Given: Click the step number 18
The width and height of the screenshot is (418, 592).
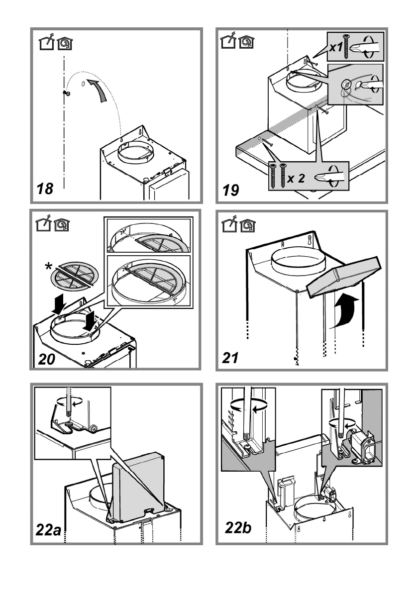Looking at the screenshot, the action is coord(45,189).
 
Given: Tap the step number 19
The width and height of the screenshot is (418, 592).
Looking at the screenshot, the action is coord(230,190).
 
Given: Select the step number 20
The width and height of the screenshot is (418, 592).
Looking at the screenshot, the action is coord(46,359).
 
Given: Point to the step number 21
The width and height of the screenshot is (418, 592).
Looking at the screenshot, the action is coord(230,358).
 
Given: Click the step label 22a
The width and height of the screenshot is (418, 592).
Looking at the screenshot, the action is coord(48,530).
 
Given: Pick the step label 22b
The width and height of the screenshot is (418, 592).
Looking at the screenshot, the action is coord(238,527).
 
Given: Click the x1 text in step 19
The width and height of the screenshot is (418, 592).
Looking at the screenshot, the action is coord(335,48).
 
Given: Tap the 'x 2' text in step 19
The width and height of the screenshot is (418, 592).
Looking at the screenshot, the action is coord(296,178).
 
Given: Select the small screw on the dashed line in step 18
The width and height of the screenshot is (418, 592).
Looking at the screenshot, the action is coord(67,93).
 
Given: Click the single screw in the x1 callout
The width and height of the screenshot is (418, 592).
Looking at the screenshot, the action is coord(346,46).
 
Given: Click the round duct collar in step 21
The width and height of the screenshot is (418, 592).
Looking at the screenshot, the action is coord(298,261).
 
